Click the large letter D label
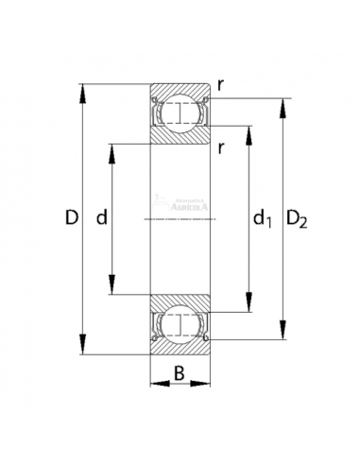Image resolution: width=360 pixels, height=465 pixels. tap(72, 218)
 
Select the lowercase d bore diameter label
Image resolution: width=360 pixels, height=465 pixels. tap(102, 218)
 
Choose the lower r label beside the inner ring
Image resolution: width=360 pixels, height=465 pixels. tap(219, 146)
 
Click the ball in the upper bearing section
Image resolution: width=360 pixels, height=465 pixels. tap(180, 114)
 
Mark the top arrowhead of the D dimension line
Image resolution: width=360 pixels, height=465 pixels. tap(84, 91)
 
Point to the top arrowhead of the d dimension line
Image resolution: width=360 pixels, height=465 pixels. tap(114, 148)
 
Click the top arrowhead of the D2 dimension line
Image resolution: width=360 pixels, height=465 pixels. tap(282, 103)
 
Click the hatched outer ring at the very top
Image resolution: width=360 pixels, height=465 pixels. tap(180, 91)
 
